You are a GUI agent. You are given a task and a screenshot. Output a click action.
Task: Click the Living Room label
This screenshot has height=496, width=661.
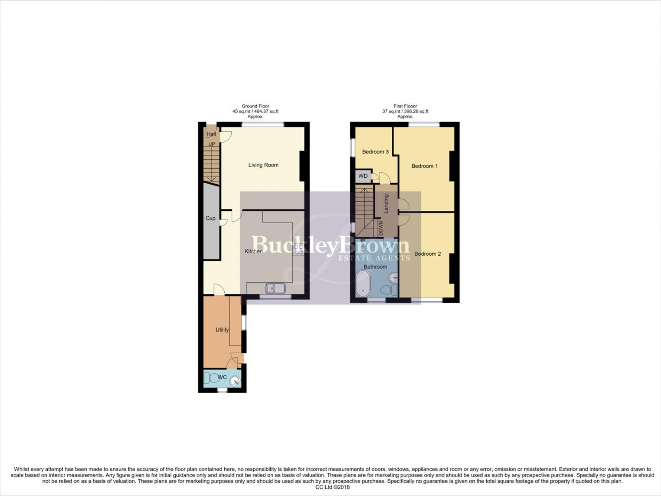point(263,165)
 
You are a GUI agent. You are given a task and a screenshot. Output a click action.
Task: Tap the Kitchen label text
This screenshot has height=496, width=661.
point(253,251)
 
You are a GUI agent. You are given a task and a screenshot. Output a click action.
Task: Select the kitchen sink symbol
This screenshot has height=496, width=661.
point(275,288)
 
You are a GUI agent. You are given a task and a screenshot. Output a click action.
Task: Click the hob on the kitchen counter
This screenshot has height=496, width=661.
point(298,250)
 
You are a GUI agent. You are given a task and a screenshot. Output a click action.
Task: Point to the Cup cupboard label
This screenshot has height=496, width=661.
point(210,218)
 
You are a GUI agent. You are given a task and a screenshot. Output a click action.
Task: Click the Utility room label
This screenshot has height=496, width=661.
point(222,330)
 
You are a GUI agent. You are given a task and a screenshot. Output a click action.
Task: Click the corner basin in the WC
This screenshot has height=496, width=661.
point(236,382)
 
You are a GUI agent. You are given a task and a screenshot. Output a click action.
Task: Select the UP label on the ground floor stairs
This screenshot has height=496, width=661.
point(212,144)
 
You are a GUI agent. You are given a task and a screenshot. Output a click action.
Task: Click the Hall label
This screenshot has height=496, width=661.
point(211,134)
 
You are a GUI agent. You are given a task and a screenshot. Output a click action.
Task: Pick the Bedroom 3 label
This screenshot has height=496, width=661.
point(375,152)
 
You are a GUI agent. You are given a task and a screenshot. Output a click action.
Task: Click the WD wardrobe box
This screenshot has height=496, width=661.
point(363,176)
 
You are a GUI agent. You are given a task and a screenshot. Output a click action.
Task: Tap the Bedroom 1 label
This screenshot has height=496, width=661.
point(424,166)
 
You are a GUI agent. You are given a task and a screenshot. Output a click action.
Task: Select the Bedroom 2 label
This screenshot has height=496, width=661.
point(428,254)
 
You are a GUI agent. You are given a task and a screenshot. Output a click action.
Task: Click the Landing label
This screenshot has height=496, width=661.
point(386,204)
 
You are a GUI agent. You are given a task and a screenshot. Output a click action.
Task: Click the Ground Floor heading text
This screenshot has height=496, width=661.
point(255,106)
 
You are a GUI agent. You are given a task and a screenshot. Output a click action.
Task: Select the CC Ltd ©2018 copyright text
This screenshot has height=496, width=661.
point(330,487)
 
